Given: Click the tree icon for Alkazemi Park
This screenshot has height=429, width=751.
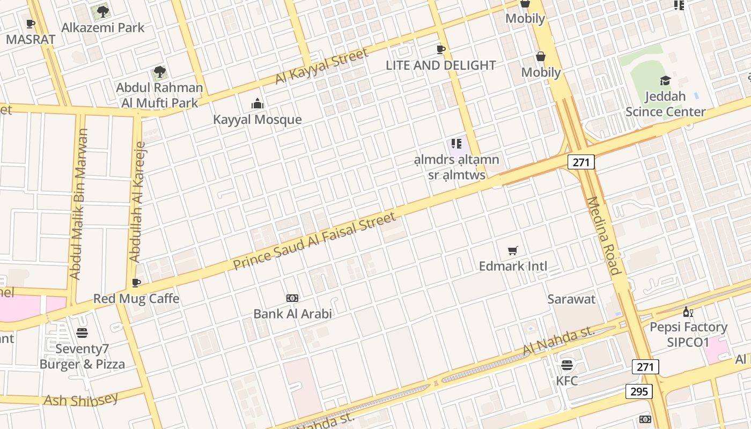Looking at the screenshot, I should click(102, 11).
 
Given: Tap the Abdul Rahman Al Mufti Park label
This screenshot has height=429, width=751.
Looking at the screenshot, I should click(159, 95).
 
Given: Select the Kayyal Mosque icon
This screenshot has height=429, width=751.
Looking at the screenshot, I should click(257, 103).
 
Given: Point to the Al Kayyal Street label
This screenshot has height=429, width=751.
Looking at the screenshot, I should click(322, 66).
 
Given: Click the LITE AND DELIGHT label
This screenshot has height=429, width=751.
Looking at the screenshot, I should click(441, 65).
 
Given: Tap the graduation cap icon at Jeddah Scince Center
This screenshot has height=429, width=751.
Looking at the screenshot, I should click(665, 80).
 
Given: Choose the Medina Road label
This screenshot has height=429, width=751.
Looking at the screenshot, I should click(603, 236).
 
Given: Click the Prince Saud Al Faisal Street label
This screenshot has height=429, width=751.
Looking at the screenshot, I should click(315, 241).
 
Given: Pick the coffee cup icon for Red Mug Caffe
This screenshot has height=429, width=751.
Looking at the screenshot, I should click(136, 283).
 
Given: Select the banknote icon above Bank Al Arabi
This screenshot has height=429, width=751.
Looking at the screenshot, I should click(292, 298).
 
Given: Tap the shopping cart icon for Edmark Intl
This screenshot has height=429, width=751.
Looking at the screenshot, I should click(513, 250).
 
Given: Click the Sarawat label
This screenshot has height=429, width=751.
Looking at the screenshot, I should click(571, 299).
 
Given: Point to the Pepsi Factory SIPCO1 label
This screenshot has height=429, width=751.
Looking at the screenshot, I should click(688, 335).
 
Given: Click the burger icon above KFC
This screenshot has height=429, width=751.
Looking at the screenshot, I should click(567, 366).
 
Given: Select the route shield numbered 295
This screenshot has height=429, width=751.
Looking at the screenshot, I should click(639, 391).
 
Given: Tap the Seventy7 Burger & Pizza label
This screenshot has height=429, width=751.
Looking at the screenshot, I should click(82, 357).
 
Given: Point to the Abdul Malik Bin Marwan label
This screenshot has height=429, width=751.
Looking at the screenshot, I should click(79, 204).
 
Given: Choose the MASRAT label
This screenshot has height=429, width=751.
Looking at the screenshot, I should click(31, 39).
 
